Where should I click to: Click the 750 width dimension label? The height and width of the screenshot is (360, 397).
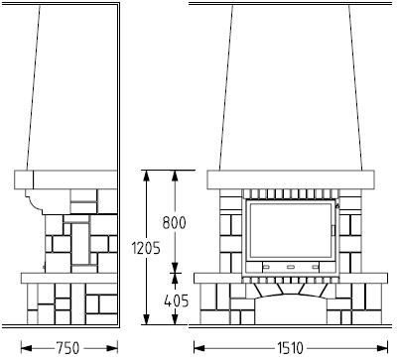pyautogui.click(x=67, y=348)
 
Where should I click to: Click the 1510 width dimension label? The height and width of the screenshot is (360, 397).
pyautogui.click(x=290, y=348)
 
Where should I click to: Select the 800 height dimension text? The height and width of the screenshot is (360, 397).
pyautogui.click(x=174, y=222)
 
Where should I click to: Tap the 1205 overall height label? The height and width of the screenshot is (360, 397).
pyautogui.click(x=146, y=248)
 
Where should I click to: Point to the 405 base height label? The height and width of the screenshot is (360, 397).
pyautogui.click(x=177, y=301)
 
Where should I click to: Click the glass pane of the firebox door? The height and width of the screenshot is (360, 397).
pyautogui.click(x=291, y=230)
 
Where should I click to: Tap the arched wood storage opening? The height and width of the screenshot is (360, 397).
pyautogui.click(x=291, y=309)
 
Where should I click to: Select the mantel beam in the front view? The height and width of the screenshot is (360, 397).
pyautogui.click(x=291, y=180)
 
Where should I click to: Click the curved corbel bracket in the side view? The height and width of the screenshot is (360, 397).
pyautogui.click(x=35, y=200)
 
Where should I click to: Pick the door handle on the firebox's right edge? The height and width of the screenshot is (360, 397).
pyautogui.click(x=333, y=231)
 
